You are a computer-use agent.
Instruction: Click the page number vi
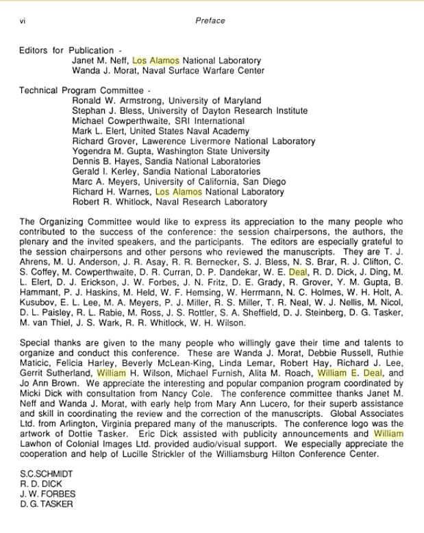[x=23, y=21]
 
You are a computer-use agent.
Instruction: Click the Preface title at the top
[x=210, y=21]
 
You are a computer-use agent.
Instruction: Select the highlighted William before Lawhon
[x=388, y=434]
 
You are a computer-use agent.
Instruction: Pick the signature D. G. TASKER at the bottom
[x=47, y=504]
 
